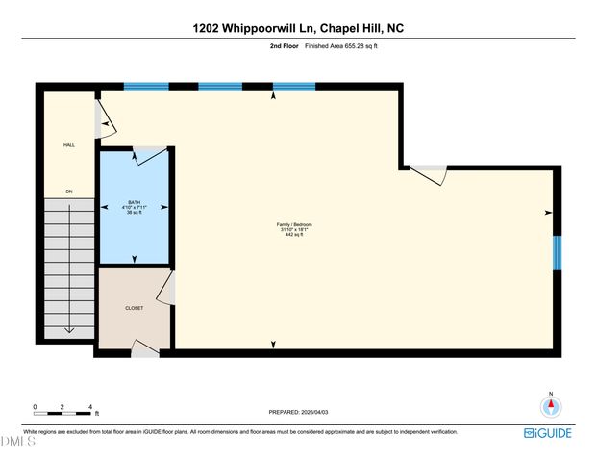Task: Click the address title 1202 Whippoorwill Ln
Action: [298, 28]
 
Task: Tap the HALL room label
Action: [69, 145]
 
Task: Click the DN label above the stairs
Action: [69, 192]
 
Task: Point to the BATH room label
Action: [135, 202]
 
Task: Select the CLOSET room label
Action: [135, 308]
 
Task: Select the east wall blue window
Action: [558, 252]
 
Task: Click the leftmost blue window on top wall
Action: [146, 87]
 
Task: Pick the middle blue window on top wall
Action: [220, 87]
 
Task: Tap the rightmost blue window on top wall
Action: [293, 87]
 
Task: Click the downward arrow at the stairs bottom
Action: [69, 328]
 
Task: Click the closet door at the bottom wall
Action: [145, 351]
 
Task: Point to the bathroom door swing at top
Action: [149, 155]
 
